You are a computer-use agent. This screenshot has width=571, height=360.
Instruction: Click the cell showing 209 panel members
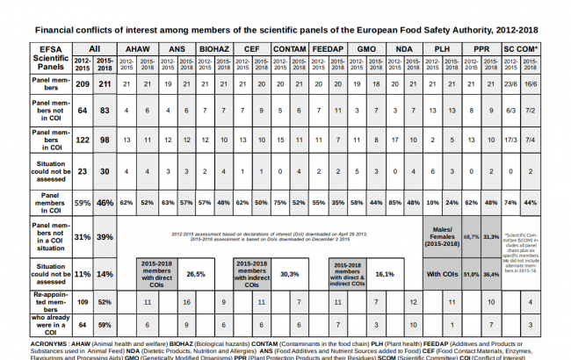click(83, 84)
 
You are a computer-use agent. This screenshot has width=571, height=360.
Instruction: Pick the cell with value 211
click(105, 84)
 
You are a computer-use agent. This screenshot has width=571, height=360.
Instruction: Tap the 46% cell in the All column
click(105, 201)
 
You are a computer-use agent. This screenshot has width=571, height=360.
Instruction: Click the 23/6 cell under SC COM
click(510, 84)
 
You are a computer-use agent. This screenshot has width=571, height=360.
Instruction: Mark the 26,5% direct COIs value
click(195, 273)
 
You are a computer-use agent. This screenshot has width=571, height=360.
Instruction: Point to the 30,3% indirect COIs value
click(289, 273)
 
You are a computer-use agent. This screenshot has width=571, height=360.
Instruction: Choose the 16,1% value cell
click(385, 273)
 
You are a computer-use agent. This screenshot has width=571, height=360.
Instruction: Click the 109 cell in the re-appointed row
click(83, 302)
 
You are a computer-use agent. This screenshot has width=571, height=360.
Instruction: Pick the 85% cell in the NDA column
click(394, 201)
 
